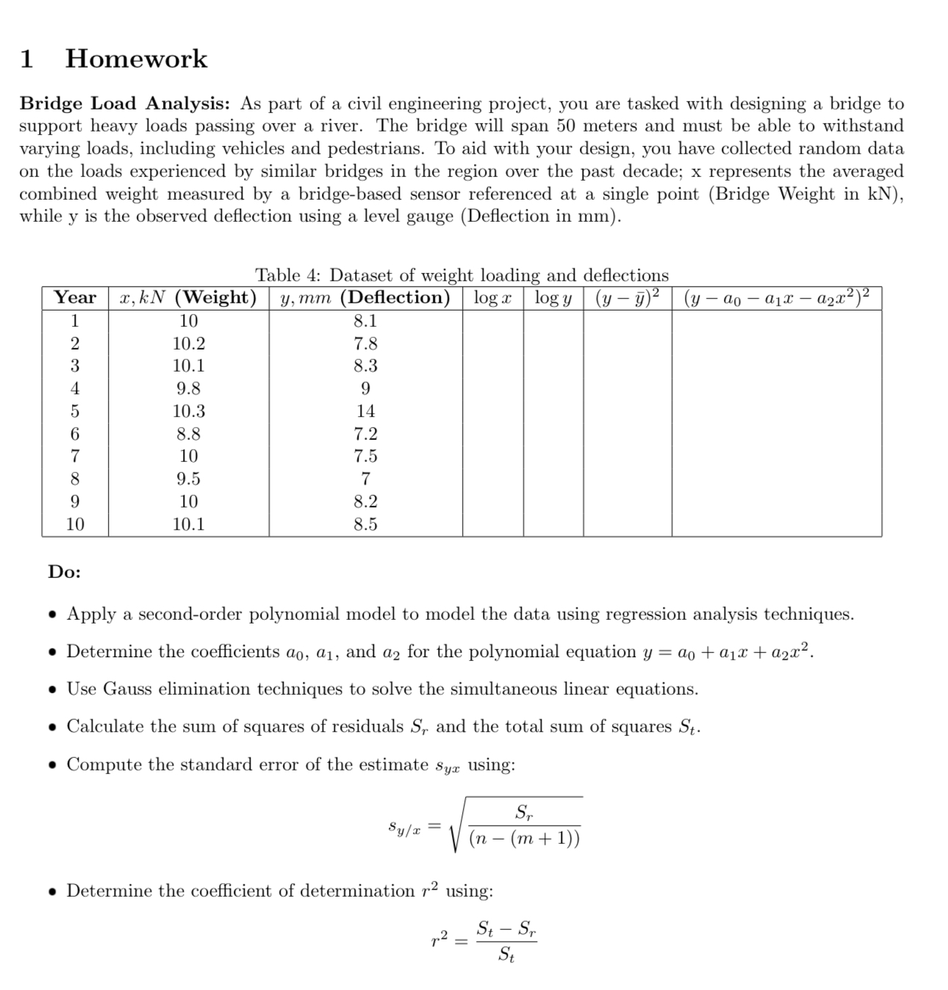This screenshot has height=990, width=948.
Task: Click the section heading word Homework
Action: coord(136,59)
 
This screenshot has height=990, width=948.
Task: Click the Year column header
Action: coord(75,297)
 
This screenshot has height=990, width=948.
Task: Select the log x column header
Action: coord(492,297)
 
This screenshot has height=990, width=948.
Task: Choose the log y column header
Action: coord(553,297)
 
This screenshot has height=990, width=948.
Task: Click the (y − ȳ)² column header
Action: coord(627,297)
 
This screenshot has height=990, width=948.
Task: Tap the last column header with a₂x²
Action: coord(776,297)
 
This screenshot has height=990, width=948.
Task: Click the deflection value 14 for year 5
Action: coord(365,411)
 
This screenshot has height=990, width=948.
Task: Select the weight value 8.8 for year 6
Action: coord(188,434)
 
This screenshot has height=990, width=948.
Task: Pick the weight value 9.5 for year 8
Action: coord(188,479)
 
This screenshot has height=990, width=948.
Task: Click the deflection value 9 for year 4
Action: coord(365,389)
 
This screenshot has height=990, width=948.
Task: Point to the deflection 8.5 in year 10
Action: coord(365,524)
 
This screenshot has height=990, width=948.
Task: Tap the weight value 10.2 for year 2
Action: coord(188,343)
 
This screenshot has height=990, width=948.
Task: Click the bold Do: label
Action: coord(65,572)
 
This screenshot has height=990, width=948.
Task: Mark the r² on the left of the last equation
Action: coord(439,938)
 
